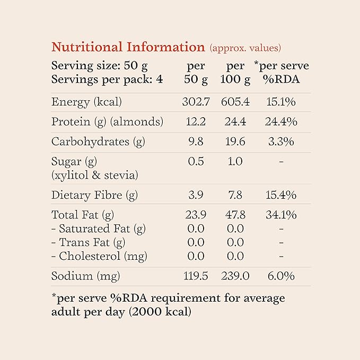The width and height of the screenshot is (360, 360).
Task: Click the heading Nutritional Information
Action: point(128,47)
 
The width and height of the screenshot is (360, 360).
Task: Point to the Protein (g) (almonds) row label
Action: point(107,122)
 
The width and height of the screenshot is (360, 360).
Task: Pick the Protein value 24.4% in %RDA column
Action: point(281,122)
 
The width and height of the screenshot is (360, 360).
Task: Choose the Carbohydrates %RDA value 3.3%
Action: point(281,142)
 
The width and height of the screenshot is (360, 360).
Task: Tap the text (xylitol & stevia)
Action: point(95,174)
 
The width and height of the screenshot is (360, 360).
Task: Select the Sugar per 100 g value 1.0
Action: point(235,162)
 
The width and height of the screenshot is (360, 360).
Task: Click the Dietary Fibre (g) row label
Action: point(94,195)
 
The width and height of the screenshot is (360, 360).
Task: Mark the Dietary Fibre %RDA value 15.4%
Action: point(281,195)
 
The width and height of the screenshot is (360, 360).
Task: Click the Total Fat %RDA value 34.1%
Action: point(281,215)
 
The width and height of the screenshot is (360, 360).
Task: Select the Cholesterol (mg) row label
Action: point(99,257)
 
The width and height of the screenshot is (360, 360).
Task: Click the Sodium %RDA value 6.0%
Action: point(281,277)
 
